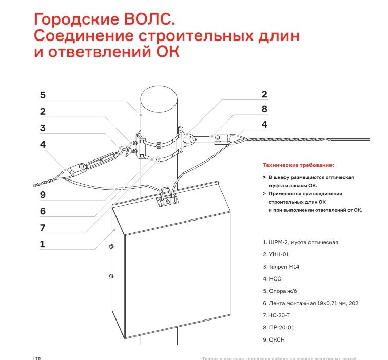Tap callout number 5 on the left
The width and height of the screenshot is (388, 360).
click(43, 95)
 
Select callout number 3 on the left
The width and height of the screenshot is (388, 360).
click(43, 128)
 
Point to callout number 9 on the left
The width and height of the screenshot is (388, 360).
click(43, 194)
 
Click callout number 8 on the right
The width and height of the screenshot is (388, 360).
click(264, 109)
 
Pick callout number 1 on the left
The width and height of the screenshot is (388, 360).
click(43, 244)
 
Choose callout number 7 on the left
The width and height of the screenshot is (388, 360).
click(43, 227)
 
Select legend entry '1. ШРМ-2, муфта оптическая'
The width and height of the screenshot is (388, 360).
click(300, 242)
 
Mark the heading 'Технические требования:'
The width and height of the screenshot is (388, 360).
click(298, 165)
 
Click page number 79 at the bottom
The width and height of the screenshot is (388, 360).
click(37, 357)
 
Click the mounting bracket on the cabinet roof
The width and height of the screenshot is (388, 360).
click(166, 197)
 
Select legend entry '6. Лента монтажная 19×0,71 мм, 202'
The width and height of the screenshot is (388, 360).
click(310, 303)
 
